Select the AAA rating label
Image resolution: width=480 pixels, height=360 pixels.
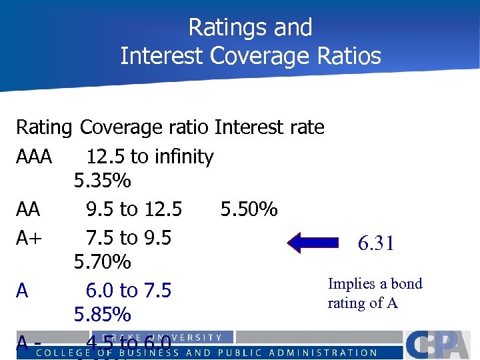34,157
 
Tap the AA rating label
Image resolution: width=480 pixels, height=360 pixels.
28,210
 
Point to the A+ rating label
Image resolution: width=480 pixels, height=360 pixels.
29,237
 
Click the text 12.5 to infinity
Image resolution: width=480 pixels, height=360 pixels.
149,157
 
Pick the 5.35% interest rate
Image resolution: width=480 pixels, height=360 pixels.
102,181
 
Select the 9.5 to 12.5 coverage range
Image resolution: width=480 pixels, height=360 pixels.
133,210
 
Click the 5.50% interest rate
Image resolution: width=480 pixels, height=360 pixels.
249,210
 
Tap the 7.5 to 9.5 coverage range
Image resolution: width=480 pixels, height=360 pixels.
128,237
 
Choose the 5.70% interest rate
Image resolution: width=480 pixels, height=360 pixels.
102,262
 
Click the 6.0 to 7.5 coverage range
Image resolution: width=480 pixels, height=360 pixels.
128,291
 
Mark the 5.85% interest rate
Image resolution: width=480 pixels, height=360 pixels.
102,314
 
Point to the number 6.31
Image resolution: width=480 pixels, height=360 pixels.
376,244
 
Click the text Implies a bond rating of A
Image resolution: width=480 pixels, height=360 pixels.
375,293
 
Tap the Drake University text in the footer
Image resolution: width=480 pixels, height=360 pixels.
163,337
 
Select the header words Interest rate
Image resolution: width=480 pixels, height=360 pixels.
269,127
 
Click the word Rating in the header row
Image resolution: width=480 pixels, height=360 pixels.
44,127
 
